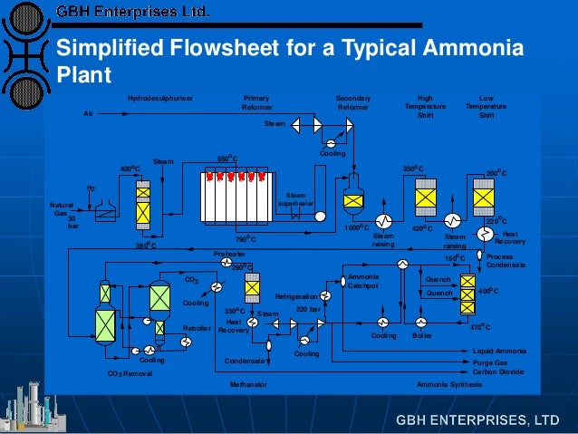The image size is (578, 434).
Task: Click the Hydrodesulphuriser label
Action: point(160,98)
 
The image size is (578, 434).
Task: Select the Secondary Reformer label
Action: point(353,102)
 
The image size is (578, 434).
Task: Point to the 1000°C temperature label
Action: point(355,227)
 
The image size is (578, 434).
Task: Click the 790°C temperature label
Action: point(246,239)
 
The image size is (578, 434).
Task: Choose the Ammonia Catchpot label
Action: point(365,281)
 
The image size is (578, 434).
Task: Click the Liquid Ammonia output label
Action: point(498,351)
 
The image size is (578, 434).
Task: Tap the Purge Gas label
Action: point(490,362)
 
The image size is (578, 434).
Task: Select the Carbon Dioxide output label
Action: point(498,371)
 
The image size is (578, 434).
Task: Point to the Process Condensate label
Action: point(506,261)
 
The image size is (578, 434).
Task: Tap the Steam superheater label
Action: point(295,199)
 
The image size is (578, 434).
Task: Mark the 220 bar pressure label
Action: point(309,310)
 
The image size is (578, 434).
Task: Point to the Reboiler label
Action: point(197,328)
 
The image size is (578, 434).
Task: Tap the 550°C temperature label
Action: point(227,159)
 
